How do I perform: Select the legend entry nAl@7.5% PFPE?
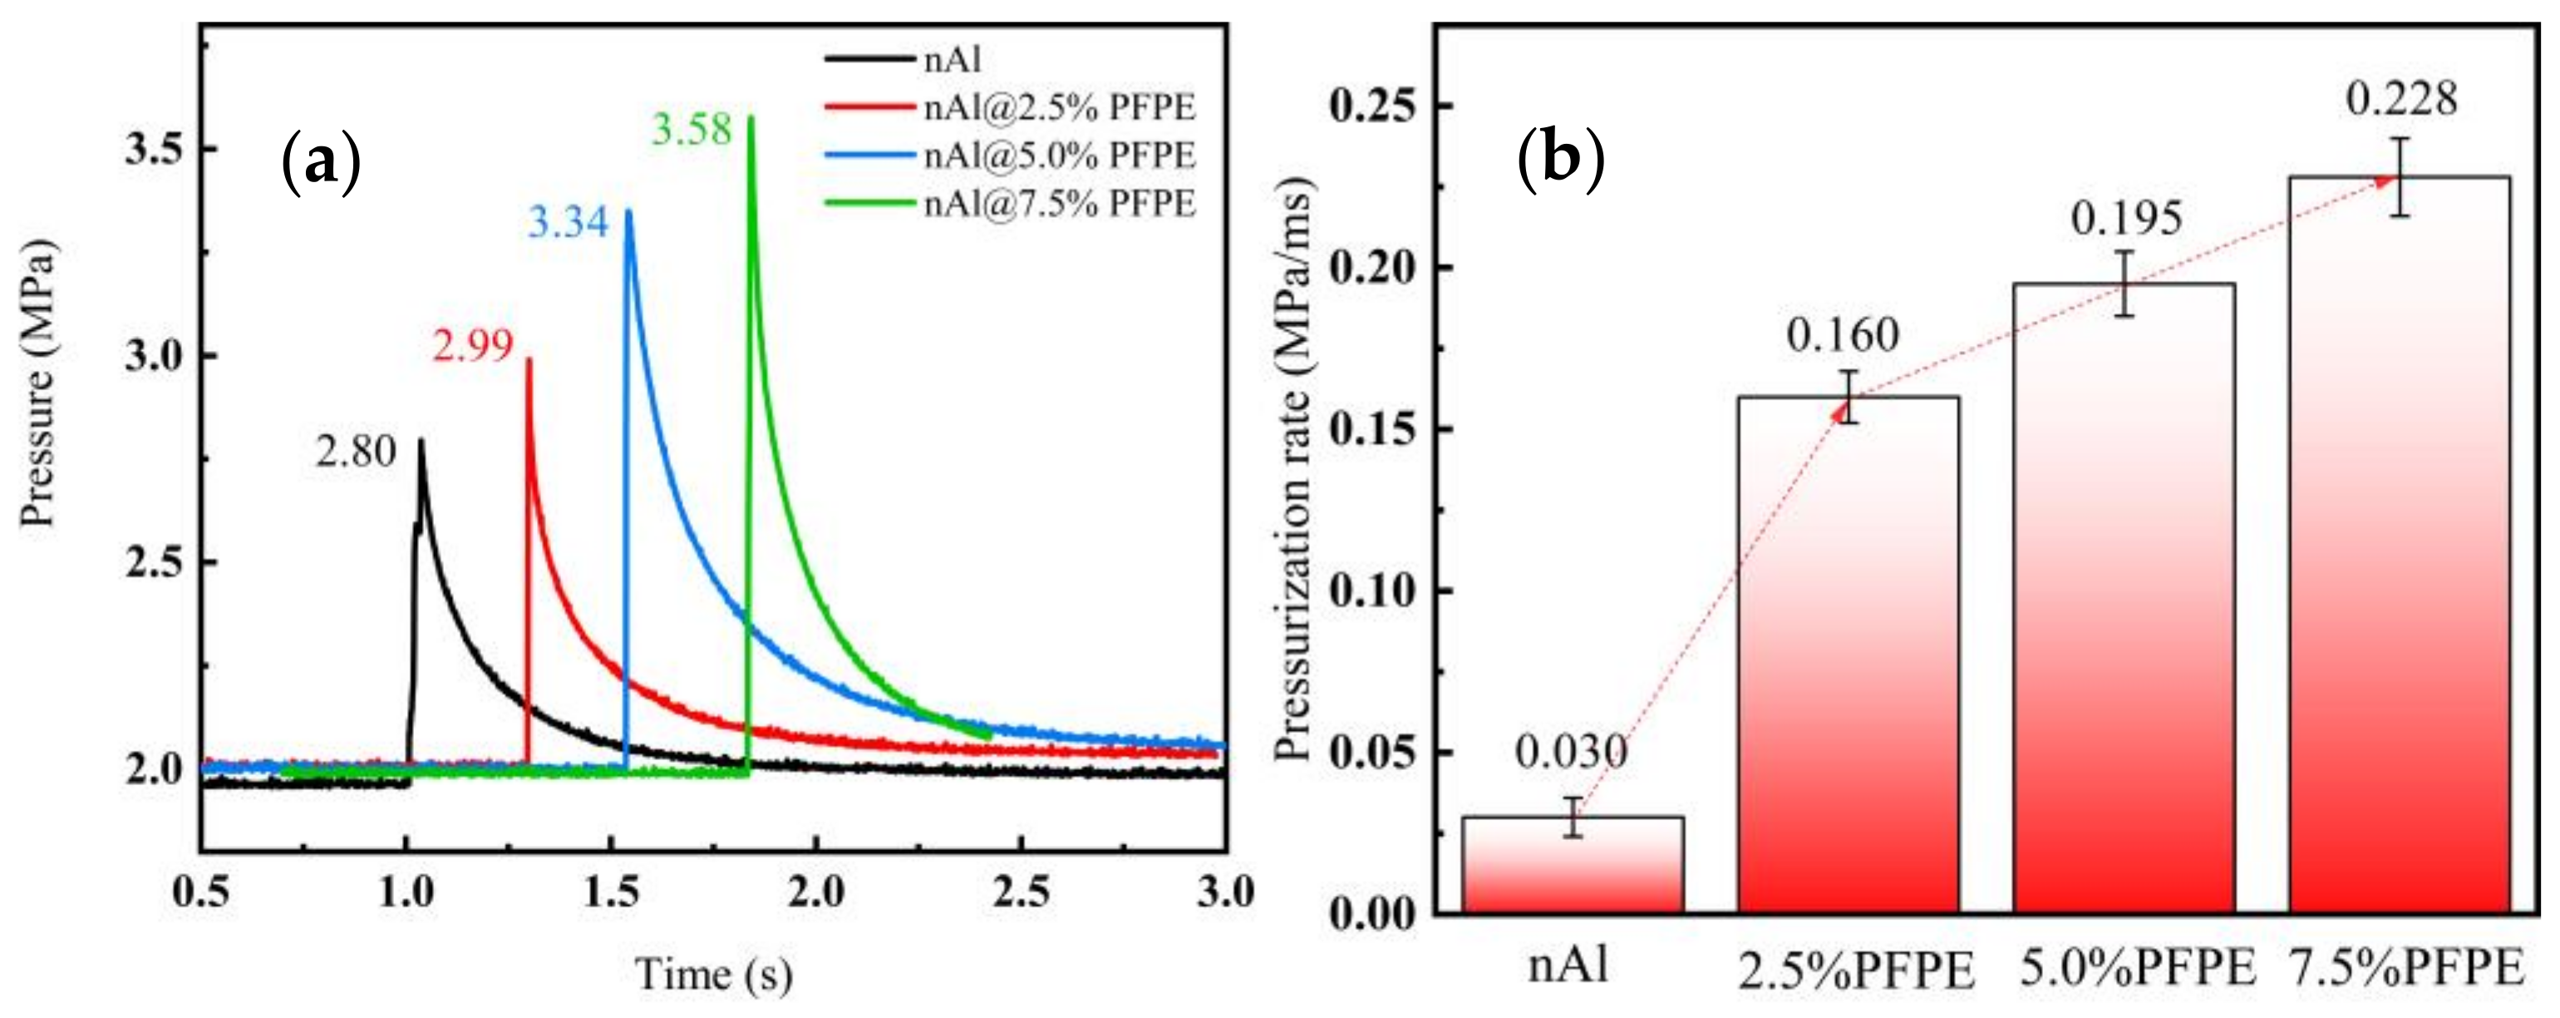tap(1058, 203)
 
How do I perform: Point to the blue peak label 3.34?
tap(568, 222)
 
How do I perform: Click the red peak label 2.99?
tap(472, 346)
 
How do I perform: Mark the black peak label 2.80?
tap(356, 452)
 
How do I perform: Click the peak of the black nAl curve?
tap(421, 441)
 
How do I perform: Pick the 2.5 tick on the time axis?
tap(1021, 892)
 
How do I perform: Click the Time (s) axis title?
tap(713, 974)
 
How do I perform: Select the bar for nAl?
tap(1573, 864)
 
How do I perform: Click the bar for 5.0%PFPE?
tap(2124, 596)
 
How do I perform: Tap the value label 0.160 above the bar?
tap(1843, 335)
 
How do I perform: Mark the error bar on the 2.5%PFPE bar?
tap(1848, 397)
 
